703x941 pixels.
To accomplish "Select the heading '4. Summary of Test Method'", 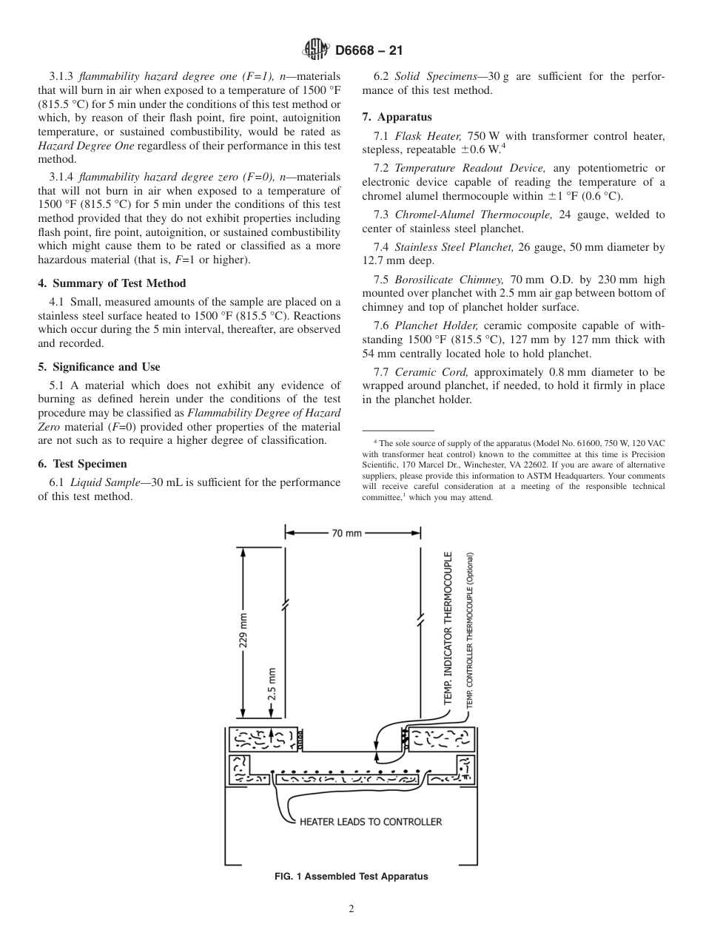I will tap(112, 283).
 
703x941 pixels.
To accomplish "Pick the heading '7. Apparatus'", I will tap(397, 117).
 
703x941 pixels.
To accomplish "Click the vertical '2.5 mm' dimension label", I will tap(272, 684).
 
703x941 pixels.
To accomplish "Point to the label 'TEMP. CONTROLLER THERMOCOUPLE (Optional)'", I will tap(469, 630).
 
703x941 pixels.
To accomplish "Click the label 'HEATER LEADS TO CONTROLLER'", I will tap(370, 822).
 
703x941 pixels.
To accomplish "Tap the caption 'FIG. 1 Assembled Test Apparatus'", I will tap(351, 877).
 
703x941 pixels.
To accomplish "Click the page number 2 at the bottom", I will tap(351, 909).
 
